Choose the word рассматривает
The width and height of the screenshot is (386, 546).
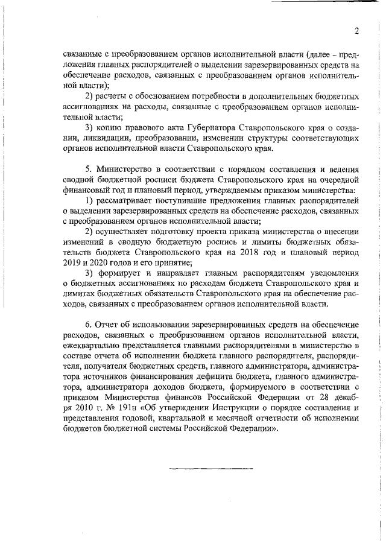pos(124,200)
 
